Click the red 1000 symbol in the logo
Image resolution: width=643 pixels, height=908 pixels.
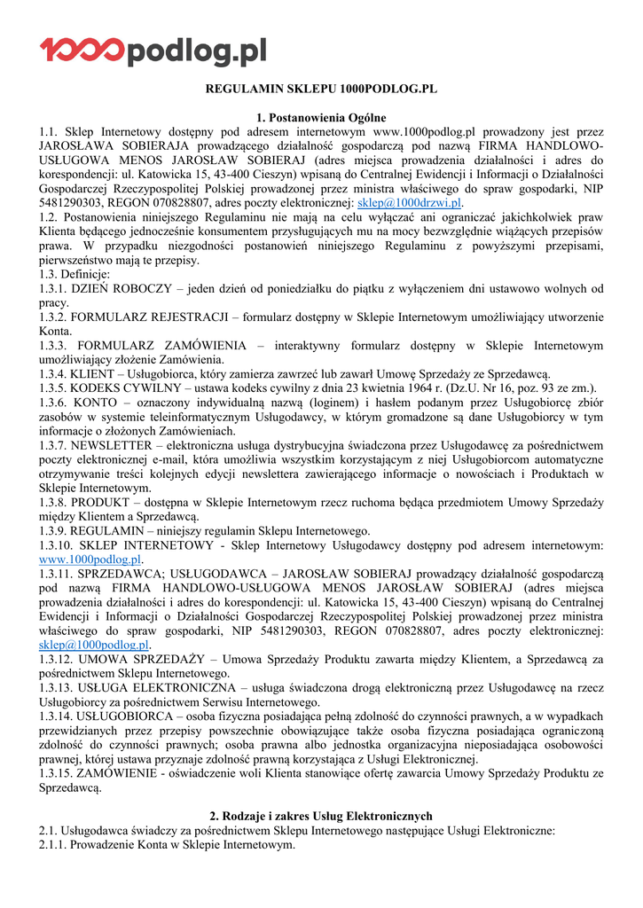pos(82,50)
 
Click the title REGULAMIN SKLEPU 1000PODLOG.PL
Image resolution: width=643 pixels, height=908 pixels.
pos(322,90)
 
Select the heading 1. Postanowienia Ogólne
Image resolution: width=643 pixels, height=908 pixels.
pos(321,117)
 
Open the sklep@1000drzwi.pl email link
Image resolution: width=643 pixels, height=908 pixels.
pos(409,202)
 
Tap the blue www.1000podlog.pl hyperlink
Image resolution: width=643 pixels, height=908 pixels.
pos(90,560)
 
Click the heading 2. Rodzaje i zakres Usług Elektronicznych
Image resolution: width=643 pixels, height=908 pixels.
pos(321,816)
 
